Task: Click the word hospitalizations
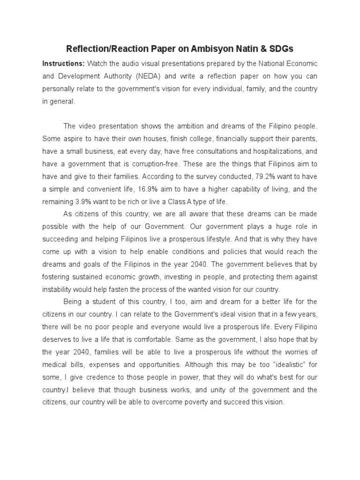pyautogui.click(x=269, y=152)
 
